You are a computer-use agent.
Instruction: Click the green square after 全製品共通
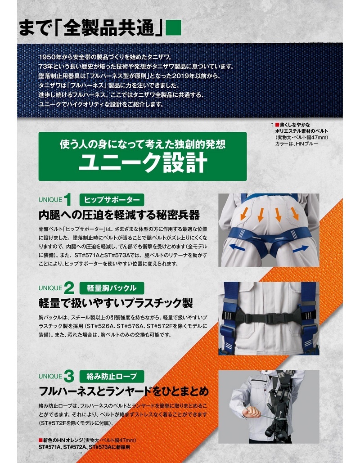pyautogui.click(x=173, y=28)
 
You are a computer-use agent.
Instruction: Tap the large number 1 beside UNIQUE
pyautogui.click(x=67, y=200)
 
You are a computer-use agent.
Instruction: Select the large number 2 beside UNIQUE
pyautogui.click(x=69, y=288)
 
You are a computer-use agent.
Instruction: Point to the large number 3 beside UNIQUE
pyautogui.click(x=69, y=377)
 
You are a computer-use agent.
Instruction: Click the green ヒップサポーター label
pyautogui.click(x=112, y=200)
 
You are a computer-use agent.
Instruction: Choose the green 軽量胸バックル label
pyautogui.click(x=112, y=288)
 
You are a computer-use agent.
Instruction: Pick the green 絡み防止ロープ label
pyautogui.click(x=112, y=376)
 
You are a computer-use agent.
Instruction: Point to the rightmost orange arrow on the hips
pyautogui.click(x=295, y=213)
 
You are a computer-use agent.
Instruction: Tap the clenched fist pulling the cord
pyautogui.click(x=251, y=411)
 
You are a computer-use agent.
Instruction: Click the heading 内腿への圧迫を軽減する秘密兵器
pyautogui.click(x=119, y=215)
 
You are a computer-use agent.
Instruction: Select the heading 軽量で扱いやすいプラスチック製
pyautogui.click(x=116, y=303)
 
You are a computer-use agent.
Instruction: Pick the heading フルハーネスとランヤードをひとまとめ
pyautogui.click(x=124, y=391)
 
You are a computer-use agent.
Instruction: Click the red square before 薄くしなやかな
pyautogui.click(x=277, y=125)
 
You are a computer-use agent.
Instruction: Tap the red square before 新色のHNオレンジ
pyautogui.click(x=40, y=441)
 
